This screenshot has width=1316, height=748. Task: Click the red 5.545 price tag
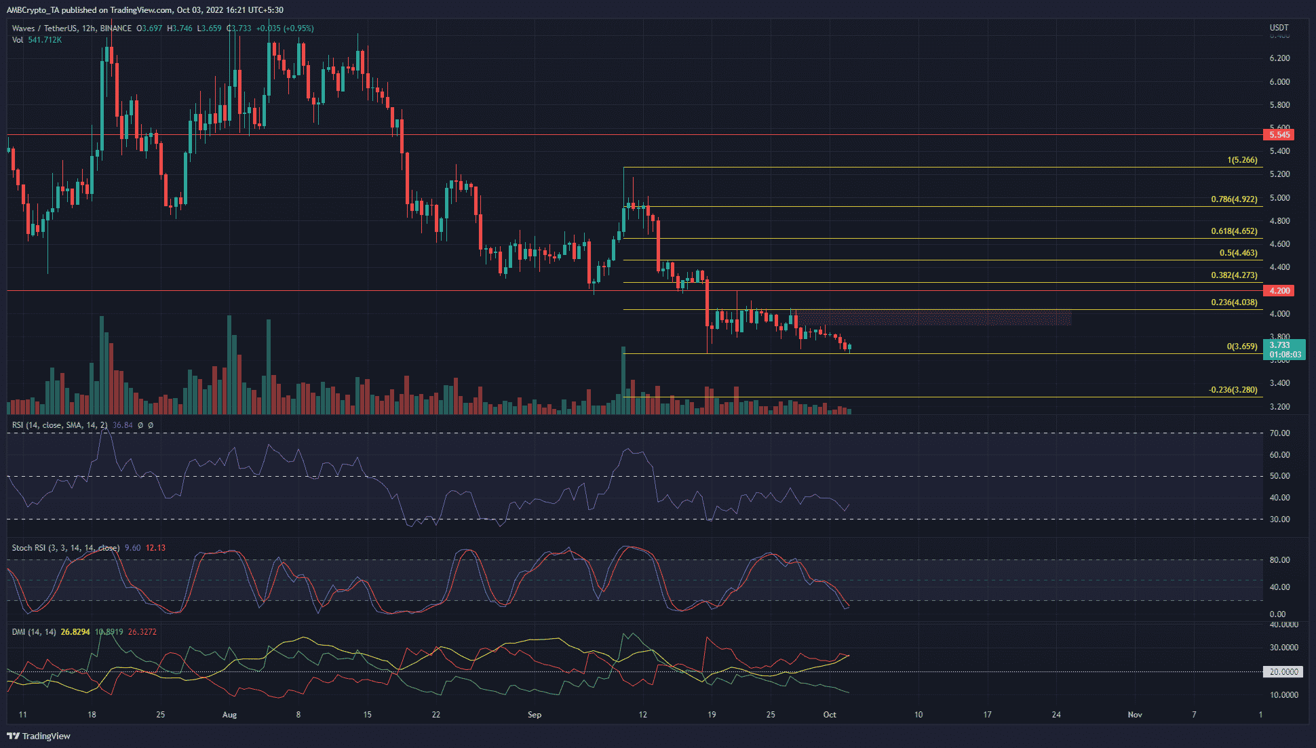[1279, 135]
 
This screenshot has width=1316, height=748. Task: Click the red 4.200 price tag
[1279, 291]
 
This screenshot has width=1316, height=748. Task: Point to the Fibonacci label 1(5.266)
[1242, 161]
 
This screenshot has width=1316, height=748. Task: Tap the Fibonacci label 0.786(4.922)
[1234, 200]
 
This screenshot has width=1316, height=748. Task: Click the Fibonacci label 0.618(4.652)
[1234, 232]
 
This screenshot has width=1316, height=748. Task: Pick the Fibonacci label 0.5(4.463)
[1238, 254]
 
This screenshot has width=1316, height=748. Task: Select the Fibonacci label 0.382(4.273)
[1234, 276]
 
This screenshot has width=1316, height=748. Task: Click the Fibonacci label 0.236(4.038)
[1234, 303]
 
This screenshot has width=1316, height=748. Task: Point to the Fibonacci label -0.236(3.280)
[1233, 391]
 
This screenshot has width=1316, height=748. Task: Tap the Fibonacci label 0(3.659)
[1241, 347]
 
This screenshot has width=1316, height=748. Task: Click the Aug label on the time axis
[229, 715]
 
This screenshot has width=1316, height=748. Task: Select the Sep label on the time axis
[535, 715]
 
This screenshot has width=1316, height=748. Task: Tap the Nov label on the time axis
[1135, 715]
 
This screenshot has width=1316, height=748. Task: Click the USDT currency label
[1279, 28]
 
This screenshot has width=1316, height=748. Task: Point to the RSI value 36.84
[122, 425]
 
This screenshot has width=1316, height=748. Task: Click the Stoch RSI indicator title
[65, 548]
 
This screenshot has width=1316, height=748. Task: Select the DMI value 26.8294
[75, 632]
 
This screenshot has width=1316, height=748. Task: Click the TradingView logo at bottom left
[39, 736]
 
